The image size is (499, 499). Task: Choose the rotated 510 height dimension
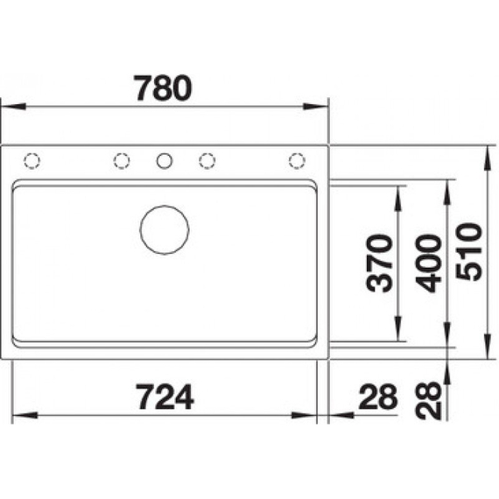pyautogui.click(x=470, y=251)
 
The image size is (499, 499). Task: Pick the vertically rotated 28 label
pyautogui.click(x=429, y=400)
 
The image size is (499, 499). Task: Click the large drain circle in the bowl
pyautogui.click(x=165, y=229)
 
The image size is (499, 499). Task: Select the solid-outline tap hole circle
pyautogui.click(x=165, y=160)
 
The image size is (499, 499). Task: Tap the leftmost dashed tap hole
pyautogui.click(x=32, y=160)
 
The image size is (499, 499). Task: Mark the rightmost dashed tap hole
pyautogui.click(x=297, y=160)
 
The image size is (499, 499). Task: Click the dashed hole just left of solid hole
pyautogui.click(x=122, y=160)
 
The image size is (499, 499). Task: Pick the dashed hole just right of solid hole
pyautogui.click(x=207, y=160)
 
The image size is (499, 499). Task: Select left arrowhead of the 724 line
pyautogui.click(x=21, y=414)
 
